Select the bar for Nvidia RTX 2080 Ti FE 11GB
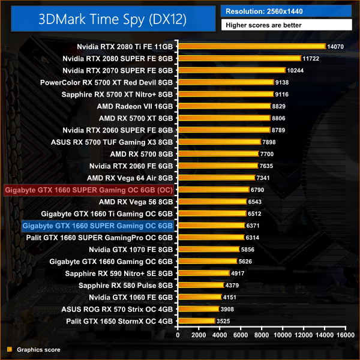coord(251,46)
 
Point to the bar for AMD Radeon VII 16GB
coord(224,106)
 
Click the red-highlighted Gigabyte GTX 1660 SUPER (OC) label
coord(89,190)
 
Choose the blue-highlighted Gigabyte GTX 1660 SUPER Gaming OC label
coord(97,226)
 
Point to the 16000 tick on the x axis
coord(344,336)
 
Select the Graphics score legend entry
coord(34,349)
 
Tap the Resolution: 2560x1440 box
coord(286,10)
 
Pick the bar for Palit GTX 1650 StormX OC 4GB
coord(196,322)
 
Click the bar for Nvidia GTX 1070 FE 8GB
coord(208,250)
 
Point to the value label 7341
coord(264,178)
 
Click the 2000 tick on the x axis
coord(199,336)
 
